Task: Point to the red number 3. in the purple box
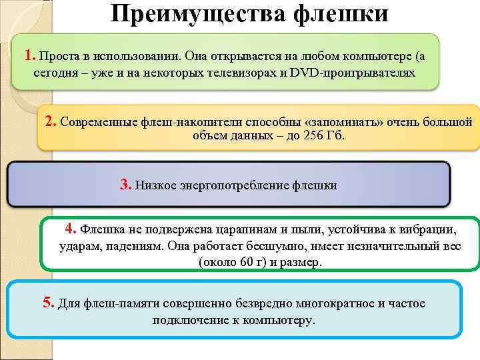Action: coord(126,185)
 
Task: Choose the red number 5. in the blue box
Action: coord(49,303)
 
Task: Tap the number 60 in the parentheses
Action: coord(238,263)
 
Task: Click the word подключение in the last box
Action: coord(191,320)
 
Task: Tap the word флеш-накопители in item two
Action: coord(183,123)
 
